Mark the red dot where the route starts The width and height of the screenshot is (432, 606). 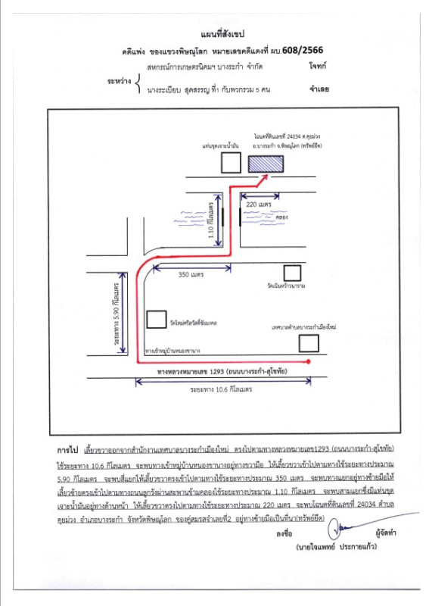click(310, 364)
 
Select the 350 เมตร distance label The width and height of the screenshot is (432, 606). click(192, 274)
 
